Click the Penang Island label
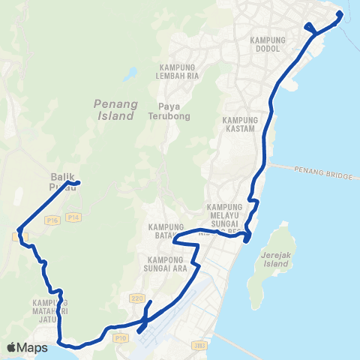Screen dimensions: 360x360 pos(115,109)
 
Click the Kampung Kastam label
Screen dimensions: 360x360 pos(241,124)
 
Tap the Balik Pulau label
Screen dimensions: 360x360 pos(58,183)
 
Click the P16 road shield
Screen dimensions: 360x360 pos(51,220)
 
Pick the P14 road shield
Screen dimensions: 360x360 pos(73,217)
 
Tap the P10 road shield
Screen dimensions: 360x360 pos(122,338)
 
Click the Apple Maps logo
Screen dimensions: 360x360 pos(28,347)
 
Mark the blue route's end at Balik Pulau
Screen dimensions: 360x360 pos(78,182)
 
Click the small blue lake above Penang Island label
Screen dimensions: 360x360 pos(132,74)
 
